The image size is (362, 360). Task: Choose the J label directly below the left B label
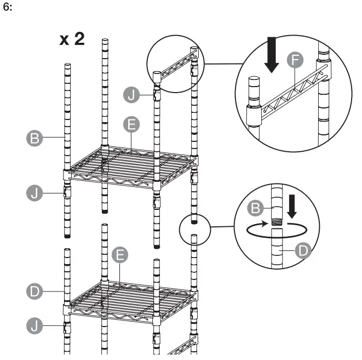point(35,193)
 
